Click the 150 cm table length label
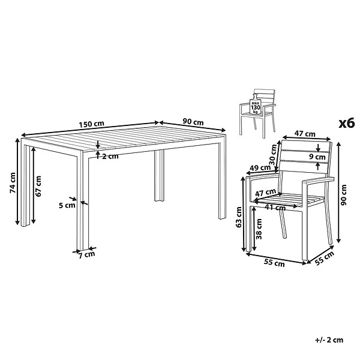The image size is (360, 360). (91, 124)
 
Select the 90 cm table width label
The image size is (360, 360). (193, 122)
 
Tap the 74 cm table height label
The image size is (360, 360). (13, 182)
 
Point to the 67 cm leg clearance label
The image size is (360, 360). (38, 186)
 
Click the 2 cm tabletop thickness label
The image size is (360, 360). (110, 157)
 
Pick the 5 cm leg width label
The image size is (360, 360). (67, 205)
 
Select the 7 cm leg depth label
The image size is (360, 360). (87, 255)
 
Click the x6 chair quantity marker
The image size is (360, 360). (347, 124)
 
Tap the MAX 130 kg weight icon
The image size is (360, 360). (256, 104)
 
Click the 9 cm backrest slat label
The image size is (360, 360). (317, 157)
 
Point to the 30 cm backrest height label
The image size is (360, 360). (274, 155)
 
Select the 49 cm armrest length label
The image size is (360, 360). (260, 168)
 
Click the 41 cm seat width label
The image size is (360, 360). (275, 208)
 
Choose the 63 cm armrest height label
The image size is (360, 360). (239, 217)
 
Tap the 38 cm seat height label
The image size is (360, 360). (259, 229)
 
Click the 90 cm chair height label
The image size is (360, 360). (344, 195)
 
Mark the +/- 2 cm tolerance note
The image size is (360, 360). (329, 340)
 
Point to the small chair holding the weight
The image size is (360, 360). (257, 113)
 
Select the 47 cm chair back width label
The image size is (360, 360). (305, 134)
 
